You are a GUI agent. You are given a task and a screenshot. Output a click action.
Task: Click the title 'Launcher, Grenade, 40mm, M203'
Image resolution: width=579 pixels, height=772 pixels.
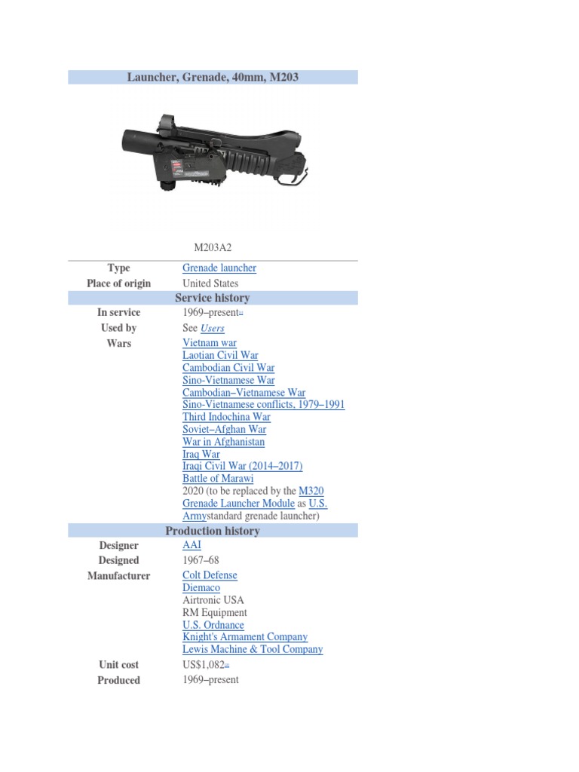[x=213, y=77]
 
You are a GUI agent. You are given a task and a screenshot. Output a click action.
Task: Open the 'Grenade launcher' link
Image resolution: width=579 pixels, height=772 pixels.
[x=219, y=268]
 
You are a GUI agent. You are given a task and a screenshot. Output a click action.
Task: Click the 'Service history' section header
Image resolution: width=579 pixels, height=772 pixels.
[x=213, y=298]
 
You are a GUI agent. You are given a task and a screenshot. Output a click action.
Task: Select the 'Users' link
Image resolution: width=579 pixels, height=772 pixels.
[x=213, y=328]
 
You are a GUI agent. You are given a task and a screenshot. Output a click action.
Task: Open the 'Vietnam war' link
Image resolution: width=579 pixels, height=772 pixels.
[x=209, y=343]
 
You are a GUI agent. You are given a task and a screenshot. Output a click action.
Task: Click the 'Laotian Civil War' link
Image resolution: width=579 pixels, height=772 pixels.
[x=220, y=355]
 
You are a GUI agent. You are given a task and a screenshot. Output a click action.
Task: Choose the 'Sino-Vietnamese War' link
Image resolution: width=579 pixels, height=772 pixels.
[x=228, y=380]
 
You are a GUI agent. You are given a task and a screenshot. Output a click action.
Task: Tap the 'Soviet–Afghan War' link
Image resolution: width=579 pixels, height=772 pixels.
[x=224, y=430]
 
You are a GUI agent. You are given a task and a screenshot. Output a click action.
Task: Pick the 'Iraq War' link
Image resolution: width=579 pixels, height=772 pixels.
[x=201, y=455]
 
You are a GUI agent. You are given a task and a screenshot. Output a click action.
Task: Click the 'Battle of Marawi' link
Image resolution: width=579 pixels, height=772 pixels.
[x=218, y=479]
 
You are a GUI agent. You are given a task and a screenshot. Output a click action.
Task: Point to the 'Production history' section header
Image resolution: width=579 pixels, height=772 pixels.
[x=213, y=531]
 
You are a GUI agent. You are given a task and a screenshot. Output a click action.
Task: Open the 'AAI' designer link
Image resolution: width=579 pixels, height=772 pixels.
[x=191, y=545]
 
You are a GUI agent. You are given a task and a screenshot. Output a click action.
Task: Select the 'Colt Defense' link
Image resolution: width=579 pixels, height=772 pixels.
[x=210, y=575]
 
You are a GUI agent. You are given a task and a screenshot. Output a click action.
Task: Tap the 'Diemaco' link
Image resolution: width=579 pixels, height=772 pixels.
[x=201, y=587]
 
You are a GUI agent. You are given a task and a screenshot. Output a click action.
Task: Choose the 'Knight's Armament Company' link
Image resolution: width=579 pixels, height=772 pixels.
[x=245, y=637]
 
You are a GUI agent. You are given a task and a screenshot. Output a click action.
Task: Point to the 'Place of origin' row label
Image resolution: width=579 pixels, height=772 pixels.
[x=118, y=283]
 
